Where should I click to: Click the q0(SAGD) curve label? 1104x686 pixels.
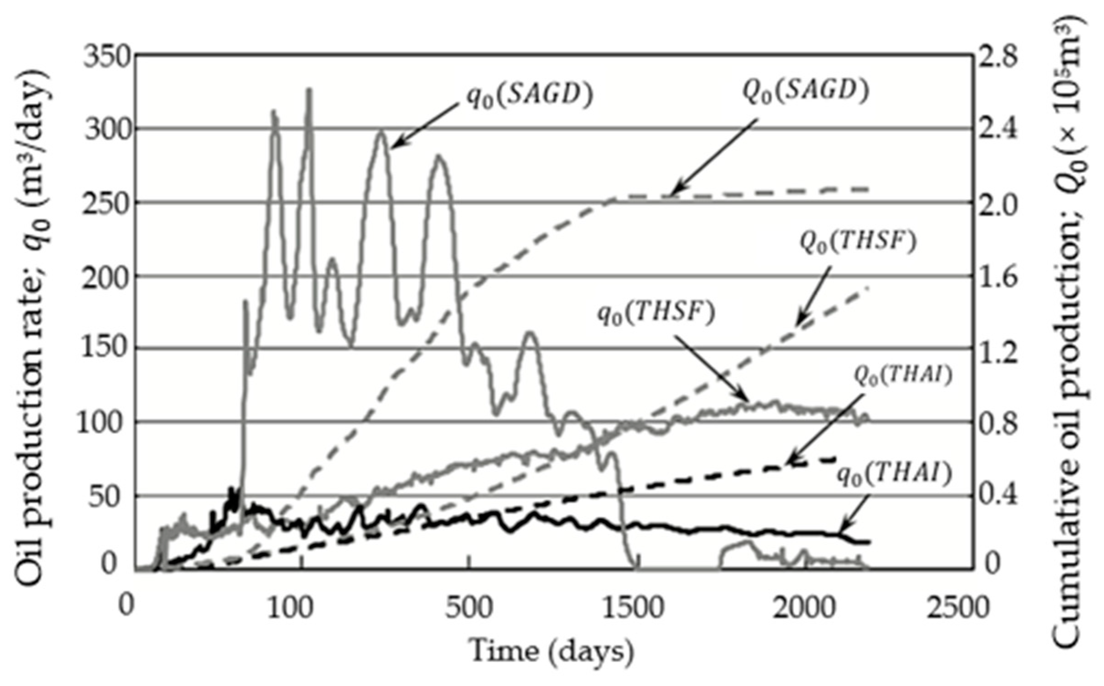tap(529, 96)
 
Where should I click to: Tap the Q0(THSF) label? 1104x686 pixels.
tap(858, 243)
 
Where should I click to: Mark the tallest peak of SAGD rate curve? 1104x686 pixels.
tap(309, 90)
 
